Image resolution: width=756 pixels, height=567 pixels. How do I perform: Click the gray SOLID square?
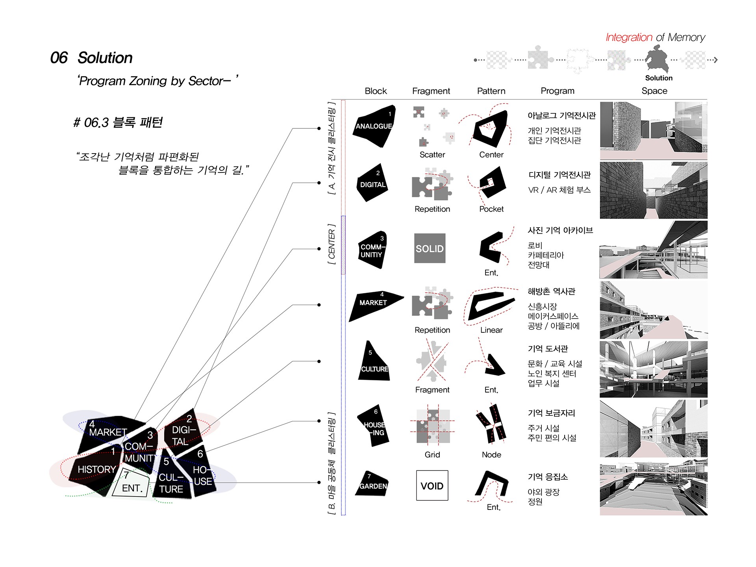pyautogui.click(x=430, y=248)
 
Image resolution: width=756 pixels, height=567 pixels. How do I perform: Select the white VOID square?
pyautogui.click(x=432, y=485)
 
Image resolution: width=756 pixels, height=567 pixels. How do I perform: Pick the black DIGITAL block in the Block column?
pyautogui.click(x=372, y=184)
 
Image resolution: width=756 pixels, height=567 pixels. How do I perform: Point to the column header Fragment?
pyautogui.click(x=431, y=91)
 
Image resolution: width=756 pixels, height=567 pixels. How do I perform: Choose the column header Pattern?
pyautogui.click(x=491, y=91)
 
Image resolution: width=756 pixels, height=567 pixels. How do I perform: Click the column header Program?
pyautogui.click(x=557, y=91)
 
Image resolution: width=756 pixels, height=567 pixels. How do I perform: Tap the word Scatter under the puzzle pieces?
pyautogui.click(x=432, y=155)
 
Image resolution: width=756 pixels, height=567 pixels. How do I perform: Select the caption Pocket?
pyautogui.click(x=491, y=209)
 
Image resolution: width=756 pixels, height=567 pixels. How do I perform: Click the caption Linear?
pyautogui.click(x=491, y=330)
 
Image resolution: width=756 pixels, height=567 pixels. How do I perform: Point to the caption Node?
pyautogui.click(x=491, y=455)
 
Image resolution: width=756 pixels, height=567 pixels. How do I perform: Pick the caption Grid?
pyautogui.click(x=432, y=455)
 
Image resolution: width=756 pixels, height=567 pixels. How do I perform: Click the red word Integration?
pyautogui.click(x=628, y=37)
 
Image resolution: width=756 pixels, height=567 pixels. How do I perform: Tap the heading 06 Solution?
pyautogui.click(x=91, y=58)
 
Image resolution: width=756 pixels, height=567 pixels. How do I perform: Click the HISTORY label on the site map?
pyautogui.click(x=96, y=469)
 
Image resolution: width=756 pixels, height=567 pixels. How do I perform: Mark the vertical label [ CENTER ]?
pyautogui.click(x=332, y=244)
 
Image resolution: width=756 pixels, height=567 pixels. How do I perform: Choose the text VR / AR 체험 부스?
pyautogui.click(x=559, y=190)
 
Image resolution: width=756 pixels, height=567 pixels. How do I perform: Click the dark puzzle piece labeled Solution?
pyautogui.click(x=657, y=59)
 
